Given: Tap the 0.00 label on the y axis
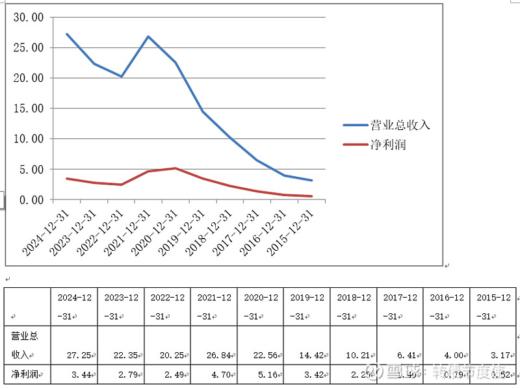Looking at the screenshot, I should click(x=31, y=200).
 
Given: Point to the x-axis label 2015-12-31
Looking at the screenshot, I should click(x=292, y=233).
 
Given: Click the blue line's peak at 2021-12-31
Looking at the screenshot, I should click(x=148, y=36).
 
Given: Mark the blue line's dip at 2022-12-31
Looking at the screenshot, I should click(x=121, y=77).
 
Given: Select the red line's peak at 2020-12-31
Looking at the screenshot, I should click(x=175, y=168).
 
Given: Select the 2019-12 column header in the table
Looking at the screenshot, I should click(x=307, y=306).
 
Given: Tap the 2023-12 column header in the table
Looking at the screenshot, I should click(x=121, y=306).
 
